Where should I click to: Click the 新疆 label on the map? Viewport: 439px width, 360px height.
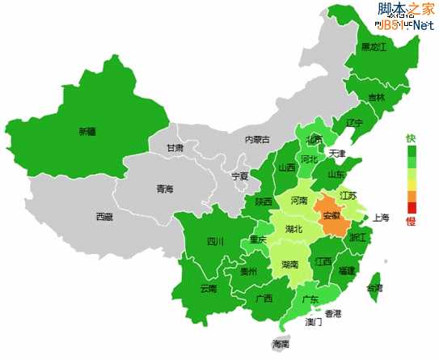tap(87, 131)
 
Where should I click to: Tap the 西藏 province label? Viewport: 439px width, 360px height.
tap(104, 216)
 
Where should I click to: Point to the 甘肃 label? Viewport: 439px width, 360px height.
tap(175, 148)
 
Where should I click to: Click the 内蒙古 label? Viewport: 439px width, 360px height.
tap(257, 139)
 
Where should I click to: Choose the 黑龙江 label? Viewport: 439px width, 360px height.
tap(374, 47)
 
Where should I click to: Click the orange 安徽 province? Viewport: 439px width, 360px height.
tap(331, 215)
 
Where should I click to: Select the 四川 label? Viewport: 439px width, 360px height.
tap(214, 240)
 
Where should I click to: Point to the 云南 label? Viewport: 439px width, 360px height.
tap(208, 288)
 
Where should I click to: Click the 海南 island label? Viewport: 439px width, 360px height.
tap(281, 344)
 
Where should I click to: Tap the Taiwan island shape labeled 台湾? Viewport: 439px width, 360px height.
tap(374, 287)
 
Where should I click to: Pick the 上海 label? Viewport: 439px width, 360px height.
tap(381, 218)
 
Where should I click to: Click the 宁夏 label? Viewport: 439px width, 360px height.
tap(240, 176)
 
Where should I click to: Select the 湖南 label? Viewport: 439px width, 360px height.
tap(290, 264)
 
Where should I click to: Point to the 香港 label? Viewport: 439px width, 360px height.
tap(333, 313)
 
